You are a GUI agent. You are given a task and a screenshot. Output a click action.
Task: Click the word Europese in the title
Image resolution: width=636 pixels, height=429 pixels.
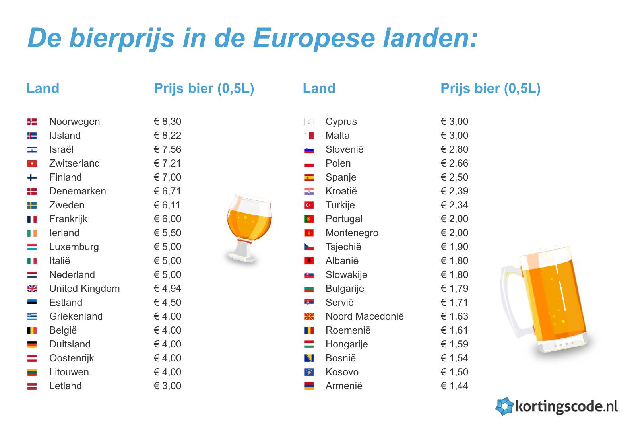click(314, 39)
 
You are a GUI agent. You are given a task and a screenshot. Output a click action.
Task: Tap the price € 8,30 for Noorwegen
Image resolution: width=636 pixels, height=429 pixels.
click(167, 122)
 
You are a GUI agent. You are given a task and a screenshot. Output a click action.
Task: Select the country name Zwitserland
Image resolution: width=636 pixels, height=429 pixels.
click(74, 163)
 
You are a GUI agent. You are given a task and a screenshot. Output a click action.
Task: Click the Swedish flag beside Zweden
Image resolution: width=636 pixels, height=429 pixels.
click(32, 205)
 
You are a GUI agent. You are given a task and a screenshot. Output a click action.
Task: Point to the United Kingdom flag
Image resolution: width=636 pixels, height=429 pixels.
click(32, 289)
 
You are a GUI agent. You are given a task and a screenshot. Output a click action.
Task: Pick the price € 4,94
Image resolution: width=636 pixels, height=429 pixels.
click(167, 289)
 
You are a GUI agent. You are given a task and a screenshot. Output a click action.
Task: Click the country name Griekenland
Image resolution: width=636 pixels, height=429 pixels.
click(76, 316)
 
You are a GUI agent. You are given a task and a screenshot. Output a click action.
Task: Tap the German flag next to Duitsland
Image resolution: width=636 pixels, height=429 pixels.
click(32, 344)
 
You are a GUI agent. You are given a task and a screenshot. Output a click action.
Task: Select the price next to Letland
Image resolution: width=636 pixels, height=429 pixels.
click(167, 386)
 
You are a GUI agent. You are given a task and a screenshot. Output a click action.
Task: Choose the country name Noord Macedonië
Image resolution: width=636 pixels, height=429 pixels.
click(365, 316)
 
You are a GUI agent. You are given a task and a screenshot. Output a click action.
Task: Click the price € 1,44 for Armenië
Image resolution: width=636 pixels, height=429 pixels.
click(454, 386)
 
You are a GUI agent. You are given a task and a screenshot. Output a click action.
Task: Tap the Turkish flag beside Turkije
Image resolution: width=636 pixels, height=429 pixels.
click(309, 205)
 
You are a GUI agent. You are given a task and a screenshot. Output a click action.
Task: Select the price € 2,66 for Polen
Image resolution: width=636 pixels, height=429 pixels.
click(454, 163)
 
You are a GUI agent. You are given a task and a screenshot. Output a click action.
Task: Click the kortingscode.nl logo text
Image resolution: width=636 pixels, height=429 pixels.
click(566, 406)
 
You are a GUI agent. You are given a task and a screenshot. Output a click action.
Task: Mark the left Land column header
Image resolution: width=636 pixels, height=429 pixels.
click(43, 88)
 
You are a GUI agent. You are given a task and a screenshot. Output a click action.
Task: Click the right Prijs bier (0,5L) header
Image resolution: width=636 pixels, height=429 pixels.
click(491, 88)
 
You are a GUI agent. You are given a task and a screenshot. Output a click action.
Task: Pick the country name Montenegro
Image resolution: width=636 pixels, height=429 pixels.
click(352, 233)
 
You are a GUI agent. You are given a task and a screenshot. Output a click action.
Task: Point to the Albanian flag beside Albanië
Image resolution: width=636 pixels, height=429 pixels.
click(309, 261)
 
